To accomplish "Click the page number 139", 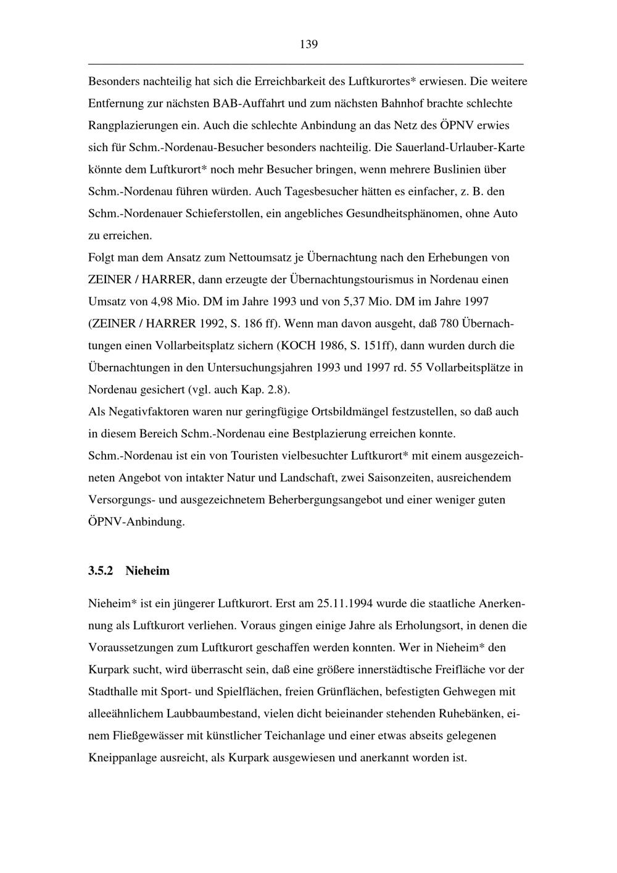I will point(308,44).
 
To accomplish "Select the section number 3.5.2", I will point(101,571).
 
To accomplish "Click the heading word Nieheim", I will point(147,571).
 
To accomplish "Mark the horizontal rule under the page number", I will point(306,64).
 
